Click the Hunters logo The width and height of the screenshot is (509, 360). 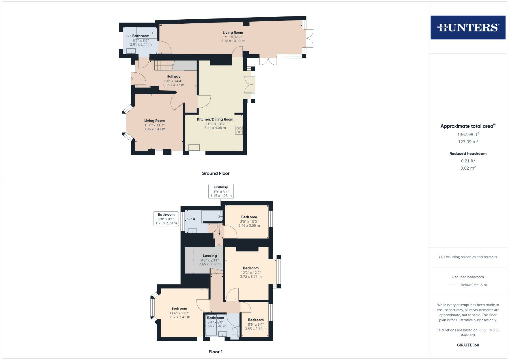tap(468, 27)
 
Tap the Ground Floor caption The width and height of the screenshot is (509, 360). tap(215, 173)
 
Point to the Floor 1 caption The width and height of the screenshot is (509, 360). tap(215, 352)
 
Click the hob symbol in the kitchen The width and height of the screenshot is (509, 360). tap(239, 130)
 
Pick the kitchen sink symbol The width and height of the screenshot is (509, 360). tap(194, 147)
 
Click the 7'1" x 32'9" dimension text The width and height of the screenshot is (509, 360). tap(233, 37)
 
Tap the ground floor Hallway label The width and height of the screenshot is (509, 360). tap(173, 76)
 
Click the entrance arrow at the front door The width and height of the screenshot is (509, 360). tap(131, 79)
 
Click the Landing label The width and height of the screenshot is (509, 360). tap(210, 256)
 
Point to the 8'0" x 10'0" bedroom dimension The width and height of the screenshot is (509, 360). tap(249, 221)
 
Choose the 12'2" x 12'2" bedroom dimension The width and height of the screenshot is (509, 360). tap(251, 272)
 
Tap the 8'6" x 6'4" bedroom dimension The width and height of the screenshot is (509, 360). tap(256, 324)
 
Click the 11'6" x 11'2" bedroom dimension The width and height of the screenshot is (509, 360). tap(179, 313)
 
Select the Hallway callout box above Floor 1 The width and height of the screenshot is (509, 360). tap(221, 191)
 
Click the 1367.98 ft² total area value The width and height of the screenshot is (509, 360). tap(468, 134)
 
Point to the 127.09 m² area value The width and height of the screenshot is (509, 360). tap(468, 142)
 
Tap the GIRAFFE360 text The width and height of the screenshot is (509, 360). tap(468, 345)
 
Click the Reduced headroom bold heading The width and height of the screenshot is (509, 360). tap(468, 154)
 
